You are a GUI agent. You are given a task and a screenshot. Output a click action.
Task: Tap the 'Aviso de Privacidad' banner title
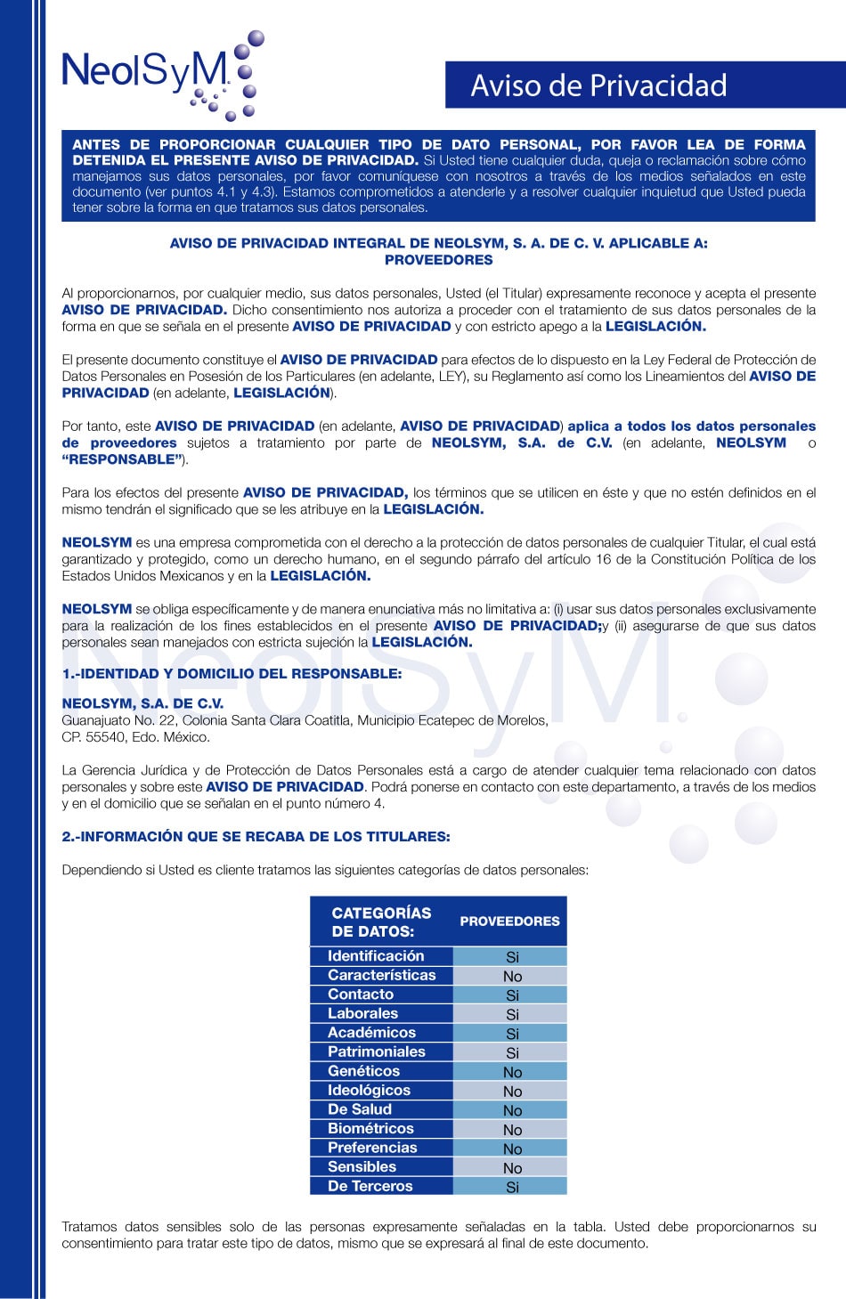tap(598, 85)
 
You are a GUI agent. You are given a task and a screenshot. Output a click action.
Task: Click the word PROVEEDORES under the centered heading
tap(438, 260)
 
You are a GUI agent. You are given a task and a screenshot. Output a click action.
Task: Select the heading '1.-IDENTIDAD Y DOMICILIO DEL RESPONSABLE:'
tap(232, 674)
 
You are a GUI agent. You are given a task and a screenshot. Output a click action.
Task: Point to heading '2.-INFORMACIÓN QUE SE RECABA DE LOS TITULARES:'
tap(256, 837)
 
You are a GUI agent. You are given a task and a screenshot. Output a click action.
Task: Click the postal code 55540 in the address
tap(106, 737)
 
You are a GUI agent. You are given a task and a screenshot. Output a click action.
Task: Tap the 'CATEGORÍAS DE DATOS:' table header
tap(381, 921)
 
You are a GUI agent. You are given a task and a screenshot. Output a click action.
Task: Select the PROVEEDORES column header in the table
tap(509, 921)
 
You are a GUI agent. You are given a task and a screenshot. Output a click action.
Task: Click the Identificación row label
tap(376, 956)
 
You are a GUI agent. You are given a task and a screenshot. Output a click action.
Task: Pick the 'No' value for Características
tap(512, 977)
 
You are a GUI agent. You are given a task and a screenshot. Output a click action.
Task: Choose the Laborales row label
tap(362, 1013)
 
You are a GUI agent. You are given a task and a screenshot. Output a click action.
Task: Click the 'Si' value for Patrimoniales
tap(512, 1053)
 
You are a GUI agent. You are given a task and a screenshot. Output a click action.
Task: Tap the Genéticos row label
tap(363, 1071)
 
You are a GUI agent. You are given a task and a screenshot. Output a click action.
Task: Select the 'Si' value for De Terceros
tap(512, 1187)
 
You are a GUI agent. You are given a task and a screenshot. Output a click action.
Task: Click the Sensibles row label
tap(362, 1167)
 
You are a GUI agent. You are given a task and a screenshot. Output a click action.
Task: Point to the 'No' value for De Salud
tap(512, 1111)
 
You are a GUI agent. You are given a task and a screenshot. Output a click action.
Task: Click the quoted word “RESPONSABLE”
tap(122, 459)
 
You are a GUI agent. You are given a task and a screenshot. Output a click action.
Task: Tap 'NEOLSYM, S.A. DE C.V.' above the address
tap(142, 703)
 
